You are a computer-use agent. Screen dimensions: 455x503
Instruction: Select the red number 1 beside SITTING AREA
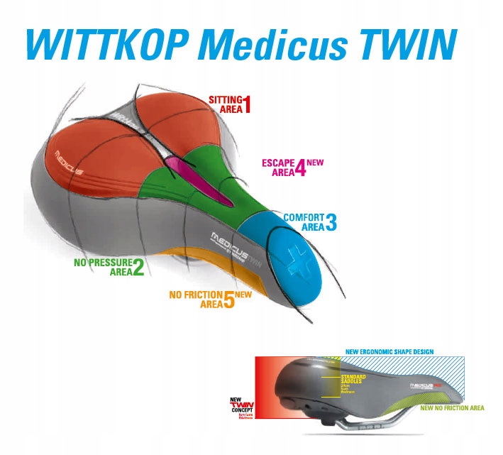click(248, 104)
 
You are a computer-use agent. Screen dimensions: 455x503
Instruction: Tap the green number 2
click(138, 268)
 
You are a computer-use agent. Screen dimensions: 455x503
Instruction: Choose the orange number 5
click(228, 300)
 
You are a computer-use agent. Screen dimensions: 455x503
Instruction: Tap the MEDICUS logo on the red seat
click(70, 163)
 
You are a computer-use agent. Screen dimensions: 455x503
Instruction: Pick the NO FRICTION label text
click(196, 295)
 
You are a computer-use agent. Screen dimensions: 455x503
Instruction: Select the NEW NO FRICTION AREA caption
click(452, 408)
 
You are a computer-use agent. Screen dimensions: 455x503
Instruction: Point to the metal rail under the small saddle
click(376, 430)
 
